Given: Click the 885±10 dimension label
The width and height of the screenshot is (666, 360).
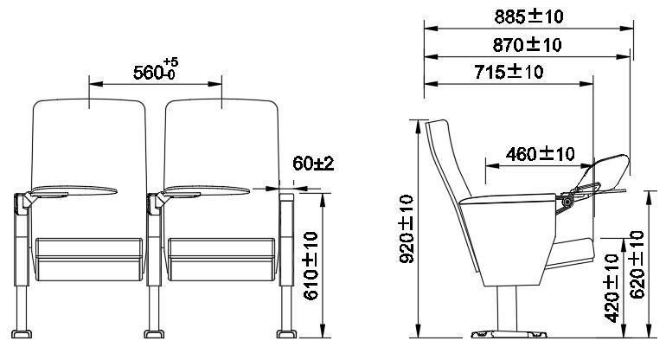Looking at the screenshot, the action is [x=528, y=17].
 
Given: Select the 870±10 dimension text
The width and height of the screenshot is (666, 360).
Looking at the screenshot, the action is [x=527, y=45].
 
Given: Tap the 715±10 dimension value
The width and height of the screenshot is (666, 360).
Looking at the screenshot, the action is [x=509, y=72].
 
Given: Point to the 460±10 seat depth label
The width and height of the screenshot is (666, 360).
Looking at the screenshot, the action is [x=541, y=154].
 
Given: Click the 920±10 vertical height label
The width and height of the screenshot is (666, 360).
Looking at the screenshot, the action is [x=407, y=229].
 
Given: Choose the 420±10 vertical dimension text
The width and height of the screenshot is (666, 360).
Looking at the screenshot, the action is [x=612, y=288].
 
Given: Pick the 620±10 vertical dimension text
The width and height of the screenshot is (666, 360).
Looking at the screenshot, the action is [x=637, y=265].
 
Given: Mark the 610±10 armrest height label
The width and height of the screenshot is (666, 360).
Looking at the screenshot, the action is [x=311, y=266].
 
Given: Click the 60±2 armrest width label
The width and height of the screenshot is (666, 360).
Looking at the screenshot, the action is [x=313, y=164].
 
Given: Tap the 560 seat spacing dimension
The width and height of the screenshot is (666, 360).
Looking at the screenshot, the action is [x=148, y=73].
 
